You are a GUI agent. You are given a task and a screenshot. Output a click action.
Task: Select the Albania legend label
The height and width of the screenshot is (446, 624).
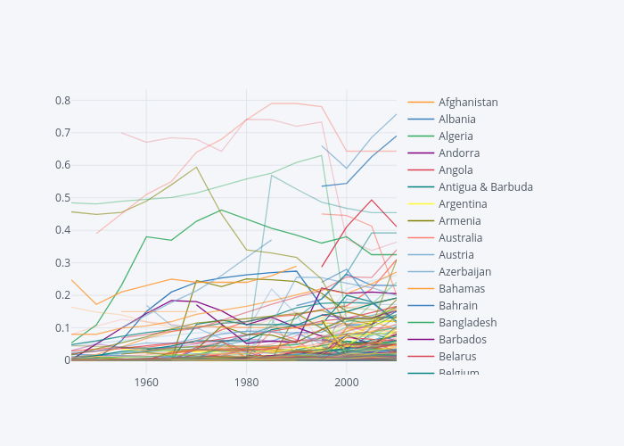click(456, 120)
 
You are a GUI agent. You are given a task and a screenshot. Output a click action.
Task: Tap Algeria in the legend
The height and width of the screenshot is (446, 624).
click(456, 136)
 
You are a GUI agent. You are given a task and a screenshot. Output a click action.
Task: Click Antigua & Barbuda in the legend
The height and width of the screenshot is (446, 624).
click(485, 187)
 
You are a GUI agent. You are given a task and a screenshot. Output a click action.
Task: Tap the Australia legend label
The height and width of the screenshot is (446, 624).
click(460, 238)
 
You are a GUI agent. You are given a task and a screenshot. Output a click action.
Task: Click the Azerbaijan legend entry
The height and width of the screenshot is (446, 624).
click(464, 272)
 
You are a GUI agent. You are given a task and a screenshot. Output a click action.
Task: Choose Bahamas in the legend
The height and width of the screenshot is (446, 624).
click(462, 289)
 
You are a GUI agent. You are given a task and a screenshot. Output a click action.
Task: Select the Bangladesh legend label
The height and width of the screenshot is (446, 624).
click(467, 323)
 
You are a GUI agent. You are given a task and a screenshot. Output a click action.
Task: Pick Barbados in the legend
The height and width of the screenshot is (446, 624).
click(462, 340)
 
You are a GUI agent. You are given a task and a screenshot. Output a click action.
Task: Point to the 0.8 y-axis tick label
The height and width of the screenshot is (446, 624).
click(62, 100)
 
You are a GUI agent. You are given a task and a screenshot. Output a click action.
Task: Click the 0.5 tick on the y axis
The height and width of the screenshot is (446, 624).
click(62, 197)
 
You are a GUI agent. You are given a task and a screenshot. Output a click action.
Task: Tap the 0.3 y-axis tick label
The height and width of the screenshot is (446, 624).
click(62, 262)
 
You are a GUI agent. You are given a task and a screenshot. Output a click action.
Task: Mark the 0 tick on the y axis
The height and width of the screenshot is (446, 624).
click(66, 360)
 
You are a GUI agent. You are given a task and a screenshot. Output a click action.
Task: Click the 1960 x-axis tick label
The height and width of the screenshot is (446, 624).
click(146, 383)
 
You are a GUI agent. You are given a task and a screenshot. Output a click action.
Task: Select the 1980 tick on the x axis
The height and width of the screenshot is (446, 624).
click(246, 383)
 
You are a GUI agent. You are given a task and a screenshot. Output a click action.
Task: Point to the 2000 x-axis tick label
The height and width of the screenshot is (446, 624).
click(346, 383)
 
